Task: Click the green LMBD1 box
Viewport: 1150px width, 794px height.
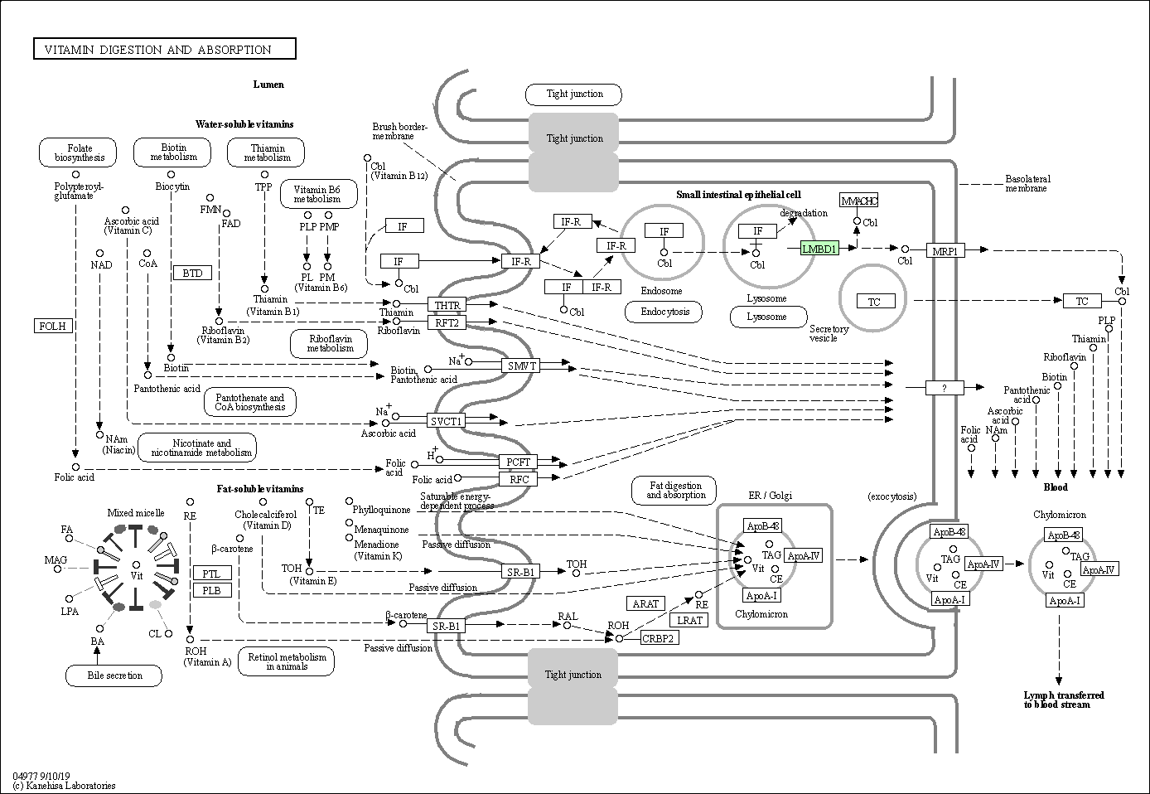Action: pyautogui.click(x=820, y=249)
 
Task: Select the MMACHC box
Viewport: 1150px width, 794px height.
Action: pyautogui.click(x=859, y=201)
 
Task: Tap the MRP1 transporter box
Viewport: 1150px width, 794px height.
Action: pyautogui.click(x=945, y=251)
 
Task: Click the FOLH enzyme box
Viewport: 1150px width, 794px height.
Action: pyautogui.click(x=53, y=326)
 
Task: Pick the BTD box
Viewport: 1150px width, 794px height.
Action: pyautogui.click(x=192, y=273)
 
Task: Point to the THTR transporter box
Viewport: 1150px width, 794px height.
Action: pyautogui.click(x=447, y=305)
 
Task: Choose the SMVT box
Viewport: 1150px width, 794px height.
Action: pyautogui.click(x=520, y=366)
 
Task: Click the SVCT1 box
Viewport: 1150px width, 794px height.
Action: pyautogui.click(x=446, y=421)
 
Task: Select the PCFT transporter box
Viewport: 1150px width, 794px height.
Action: pyautogui.click(x=518, y=462)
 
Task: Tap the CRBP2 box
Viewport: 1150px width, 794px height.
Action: pyautogui.click(x=660, y=638)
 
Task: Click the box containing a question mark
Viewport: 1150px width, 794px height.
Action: pyautogui.click(x=945, y=388)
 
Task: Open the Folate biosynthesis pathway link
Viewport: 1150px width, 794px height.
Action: pyautogui.click(x=78, y=153)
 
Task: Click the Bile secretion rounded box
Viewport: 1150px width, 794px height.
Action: pyautogui.click(x=114, y=675)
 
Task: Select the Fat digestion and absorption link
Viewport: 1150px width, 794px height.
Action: pyautogui.click(x=674, y=491)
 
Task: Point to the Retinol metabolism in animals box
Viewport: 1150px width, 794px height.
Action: pyautogui.click(x=287, y=661)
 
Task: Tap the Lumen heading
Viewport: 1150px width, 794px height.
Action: pyautogui.click(x=268, y=85)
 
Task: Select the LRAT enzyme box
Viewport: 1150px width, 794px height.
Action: pyautogui.click(x=689, y=620)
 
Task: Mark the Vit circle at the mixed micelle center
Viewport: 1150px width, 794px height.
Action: pyautogui.click(x=136, y=565)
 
